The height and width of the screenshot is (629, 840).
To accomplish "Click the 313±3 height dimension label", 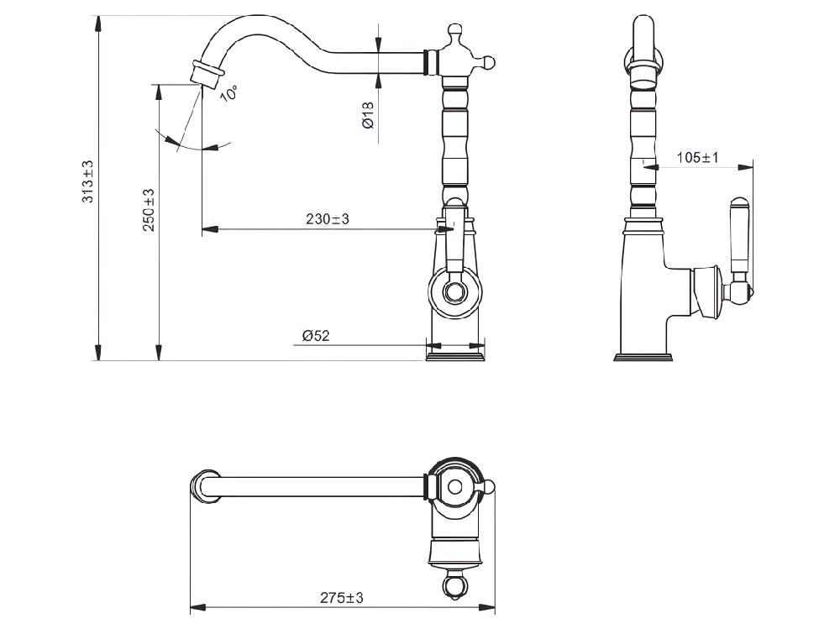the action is [88, 181].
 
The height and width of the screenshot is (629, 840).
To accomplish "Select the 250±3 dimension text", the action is [149, 210].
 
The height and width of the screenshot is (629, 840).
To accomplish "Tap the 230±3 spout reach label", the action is [328, 219].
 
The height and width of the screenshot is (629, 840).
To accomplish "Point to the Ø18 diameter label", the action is [368, 115].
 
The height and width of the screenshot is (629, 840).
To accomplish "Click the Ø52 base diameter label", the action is [316, 336].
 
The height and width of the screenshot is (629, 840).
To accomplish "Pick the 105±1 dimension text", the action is [697, 158].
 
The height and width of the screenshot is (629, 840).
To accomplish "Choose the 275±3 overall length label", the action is [342, 598].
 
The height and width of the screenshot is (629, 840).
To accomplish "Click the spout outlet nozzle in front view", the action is [207, 73].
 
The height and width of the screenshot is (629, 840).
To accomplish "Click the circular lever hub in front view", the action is [454, 292].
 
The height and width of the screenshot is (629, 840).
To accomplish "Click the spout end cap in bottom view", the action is [205, 486].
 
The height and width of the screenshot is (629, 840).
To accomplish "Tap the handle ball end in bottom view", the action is [454, 585].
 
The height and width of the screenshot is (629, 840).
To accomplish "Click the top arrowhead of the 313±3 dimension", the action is [98, 25].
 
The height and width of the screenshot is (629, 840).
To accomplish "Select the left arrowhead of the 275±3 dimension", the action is [197, 608].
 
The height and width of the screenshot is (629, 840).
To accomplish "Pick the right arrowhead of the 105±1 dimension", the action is [745, 168].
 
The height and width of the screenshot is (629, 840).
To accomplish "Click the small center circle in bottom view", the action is [454, 487].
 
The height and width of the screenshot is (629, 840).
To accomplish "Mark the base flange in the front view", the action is [454, 356].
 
